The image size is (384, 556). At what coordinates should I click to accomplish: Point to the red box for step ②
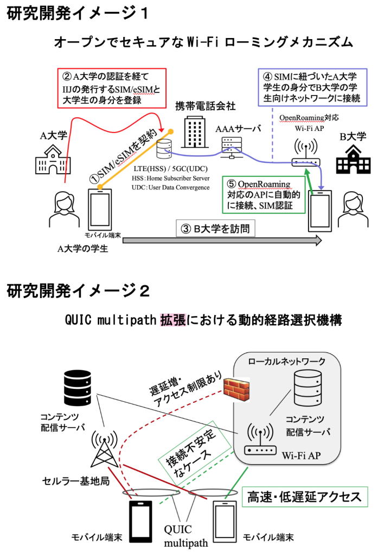(112, 89)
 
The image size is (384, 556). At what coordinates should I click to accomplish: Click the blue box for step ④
(312, 87)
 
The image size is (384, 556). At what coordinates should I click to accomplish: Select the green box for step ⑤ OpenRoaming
(264, 195)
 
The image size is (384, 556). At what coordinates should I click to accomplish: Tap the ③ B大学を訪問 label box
(215, 229)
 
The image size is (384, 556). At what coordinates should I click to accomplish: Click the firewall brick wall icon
(236, 389)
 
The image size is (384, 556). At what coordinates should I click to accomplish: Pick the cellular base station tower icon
(105, 448)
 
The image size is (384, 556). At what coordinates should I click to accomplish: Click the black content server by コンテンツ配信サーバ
(78, 388)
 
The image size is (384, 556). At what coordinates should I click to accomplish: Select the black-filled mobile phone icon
(140, 522)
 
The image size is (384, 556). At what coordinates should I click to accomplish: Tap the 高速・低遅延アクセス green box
(305, 497)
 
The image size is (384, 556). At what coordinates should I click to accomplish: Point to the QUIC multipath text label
(185, 536)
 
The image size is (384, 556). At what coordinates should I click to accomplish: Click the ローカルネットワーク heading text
(286, 361)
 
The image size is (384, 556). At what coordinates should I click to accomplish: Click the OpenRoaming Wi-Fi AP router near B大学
(306, 153)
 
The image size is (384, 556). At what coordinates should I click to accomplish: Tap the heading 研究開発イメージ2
(78, 291)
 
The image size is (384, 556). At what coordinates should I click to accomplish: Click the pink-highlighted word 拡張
(173, 320)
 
